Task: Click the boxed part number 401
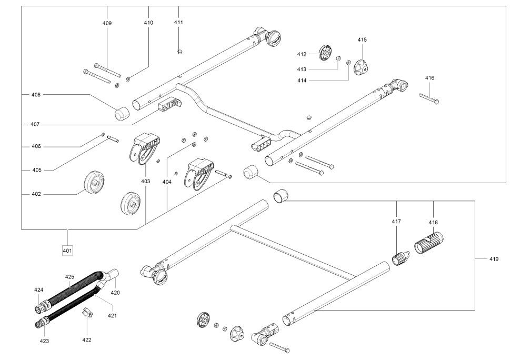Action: point(67,250)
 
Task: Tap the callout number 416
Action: point(429,78)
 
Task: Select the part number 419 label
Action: point(494,258)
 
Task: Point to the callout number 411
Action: point(178,22)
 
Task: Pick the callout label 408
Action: point(36,95)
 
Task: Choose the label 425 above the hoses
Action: point(70,276)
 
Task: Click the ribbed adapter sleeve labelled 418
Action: point(430,243)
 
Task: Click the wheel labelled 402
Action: point(95,183)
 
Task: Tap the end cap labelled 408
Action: point(123,113)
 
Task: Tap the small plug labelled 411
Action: point(180,51)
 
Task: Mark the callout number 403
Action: point(145,181)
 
